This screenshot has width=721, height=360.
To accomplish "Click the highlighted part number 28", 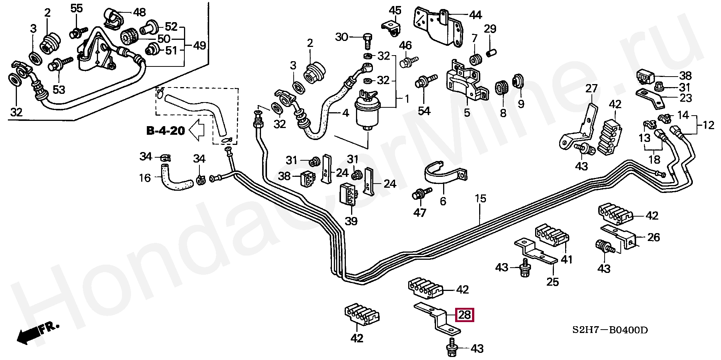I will [x=465, y=315].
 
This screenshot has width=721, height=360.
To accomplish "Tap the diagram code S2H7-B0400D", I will [x=610, y=330].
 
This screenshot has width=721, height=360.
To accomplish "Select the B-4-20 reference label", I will [x=166, y=131].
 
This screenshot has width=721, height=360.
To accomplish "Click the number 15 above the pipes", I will [x=480, y=199].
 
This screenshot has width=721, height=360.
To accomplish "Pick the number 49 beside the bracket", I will [x=199, y=46].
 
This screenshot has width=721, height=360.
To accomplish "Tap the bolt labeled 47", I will [x=418, y=195].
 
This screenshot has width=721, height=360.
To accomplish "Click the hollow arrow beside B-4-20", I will [x=196, y=131].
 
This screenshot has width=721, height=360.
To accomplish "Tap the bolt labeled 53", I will [x=57, y=66].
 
